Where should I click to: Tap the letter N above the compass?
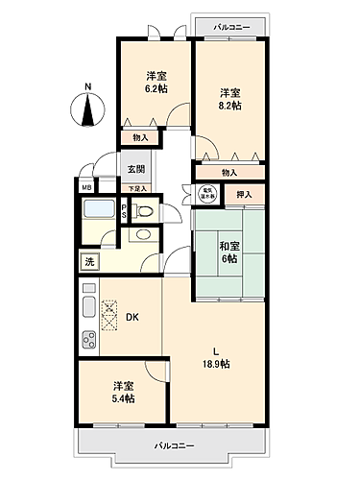[87, 87]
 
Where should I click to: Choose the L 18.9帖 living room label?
[216, 357]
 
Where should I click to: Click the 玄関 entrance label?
[135, 169]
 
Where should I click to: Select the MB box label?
[85, 187]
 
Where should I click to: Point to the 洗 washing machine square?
[88, 261]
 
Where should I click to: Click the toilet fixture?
[143, 232]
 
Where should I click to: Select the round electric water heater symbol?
[205, 194]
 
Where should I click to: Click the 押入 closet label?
[244, 194]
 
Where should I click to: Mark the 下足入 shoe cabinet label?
[138, 188]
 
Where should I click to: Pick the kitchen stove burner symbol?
[89, 338]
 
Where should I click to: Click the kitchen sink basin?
[89, 307]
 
